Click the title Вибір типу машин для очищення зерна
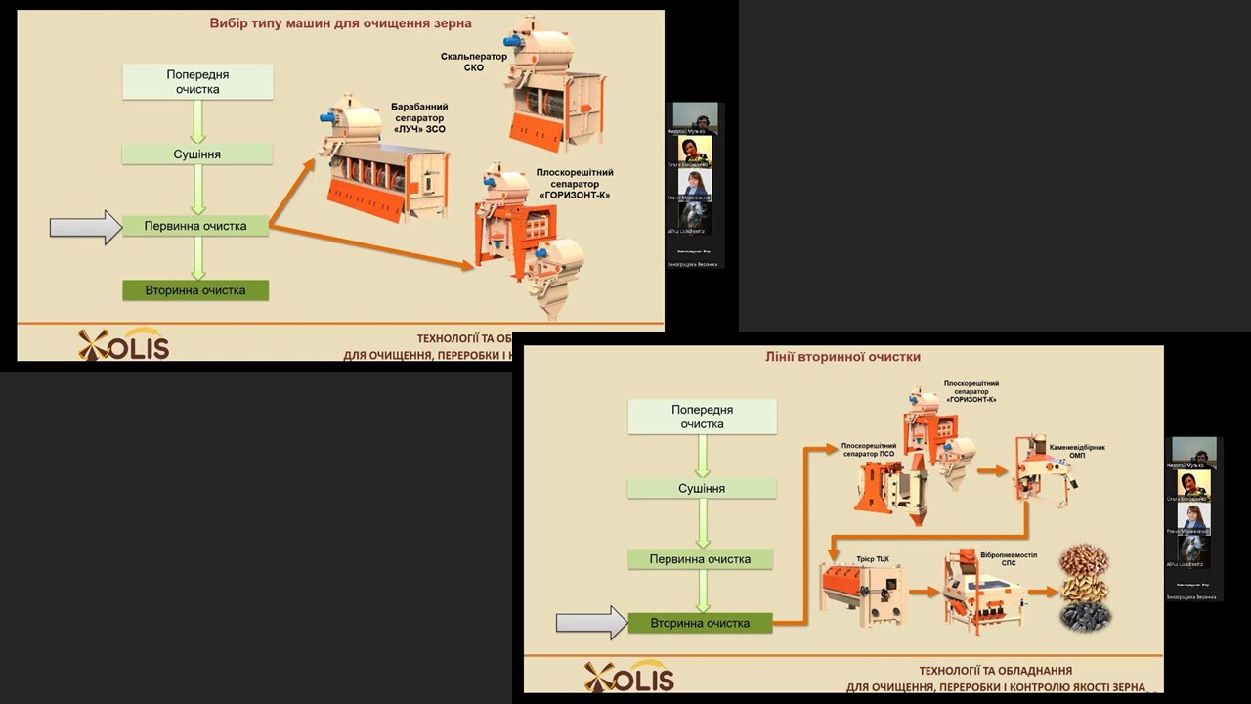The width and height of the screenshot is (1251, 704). tap(340, 22)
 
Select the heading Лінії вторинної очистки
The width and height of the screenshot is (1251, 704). tap(842, 357)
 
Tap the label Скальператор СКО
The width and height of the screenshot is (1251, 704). tap(474, 62)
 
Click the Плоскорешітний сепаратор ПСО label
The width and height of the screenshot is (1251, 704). tap(869, 451)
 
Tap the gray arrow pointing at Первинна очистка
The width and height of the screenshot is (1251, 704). tap(85, 227)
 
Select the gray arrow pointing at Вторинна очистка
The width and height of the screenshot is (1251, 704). tap(591, 622)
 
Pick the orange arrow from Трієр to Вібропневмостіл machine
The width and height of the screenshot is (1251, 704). tap(923, 593)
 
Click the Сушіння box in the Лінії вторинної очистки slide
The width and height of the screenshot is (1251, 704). tap(702, 488)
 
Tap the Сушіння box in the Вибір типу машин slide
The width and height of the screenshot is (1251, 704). tap(197, 154)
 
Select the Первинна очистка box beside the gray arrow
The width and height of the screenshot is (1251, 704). tap(195, 226)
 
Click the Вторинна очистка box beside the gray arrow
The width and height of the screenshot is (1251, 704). tap(700, 622)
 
